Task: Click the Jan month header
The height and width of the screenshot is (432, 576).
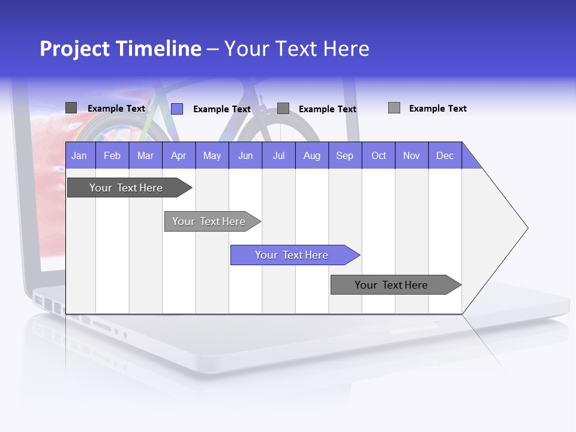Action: tap(79, 155)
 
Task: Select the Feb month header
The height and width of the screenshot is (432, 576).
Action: tap(112, 155)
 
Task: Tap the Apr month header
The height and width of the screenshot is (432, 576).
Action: tap(178, 155)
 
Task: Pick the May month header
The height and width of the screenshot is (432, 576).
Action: tap(212, 155)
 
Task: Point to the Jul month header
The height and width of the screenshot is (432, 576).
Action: tap(278, 155)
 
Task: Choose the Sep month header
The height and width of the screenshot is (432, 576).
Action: tap(344, 155)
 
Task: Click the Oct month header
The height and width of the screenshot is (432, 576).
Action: tap(379, 155)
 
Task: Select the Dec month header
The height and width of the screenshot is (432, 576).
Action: tap(445, 155)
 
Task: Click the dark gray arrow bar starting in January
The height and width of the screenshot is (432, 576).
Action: tap(126, 188)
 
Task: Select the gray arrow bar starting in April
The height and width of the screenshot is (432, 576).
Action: tap(209, 221)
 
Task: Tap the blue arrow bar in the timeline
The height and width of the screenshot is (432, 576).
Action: tap(292, 255)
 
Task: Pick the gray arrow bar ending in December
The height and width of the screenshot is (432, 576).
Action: tap(391, 285)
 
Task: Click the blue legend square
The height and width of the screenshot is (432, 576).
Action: tap(177, 109)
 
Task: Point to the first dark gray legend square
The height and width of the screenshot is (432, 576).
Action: tap(71, 108)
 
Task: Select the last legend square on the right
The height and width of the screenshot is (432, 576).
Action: tap(394, 108)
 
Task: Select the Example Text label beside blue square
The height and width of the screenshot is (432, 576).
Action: tap(222, 109)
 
